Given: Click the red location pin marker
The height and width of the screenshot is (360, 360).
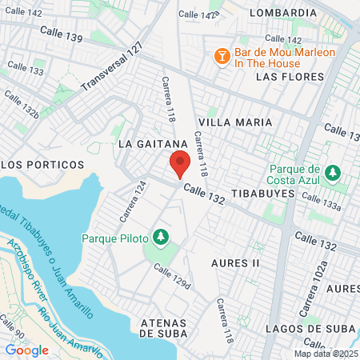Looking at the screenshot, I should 180,164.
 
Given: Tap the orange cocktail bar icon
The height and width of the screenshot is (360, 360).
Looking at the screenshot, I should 222,55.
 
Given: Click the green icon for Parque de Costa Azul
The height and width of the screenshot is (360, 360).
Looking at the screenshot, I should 334,172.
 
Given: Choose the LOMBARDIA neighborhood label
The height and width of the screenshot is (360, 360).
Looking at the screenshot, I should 283,14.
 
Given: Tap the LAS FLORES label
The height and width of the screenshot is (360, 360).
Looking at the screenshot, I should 290,77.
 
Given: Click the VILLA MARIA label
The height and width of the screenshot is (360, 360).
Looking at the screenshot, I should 235,122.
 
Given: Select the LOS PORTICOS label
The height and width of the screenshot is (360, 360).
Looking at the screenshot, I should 42,164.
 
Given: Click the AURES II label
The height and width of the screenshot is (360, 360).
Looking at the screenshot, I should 236,262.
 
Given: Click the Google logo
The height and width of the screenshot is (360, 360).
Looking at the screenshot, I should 27,350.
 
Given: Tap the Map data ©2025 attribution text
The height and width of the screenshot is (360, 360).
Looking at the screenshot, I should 326,354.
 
